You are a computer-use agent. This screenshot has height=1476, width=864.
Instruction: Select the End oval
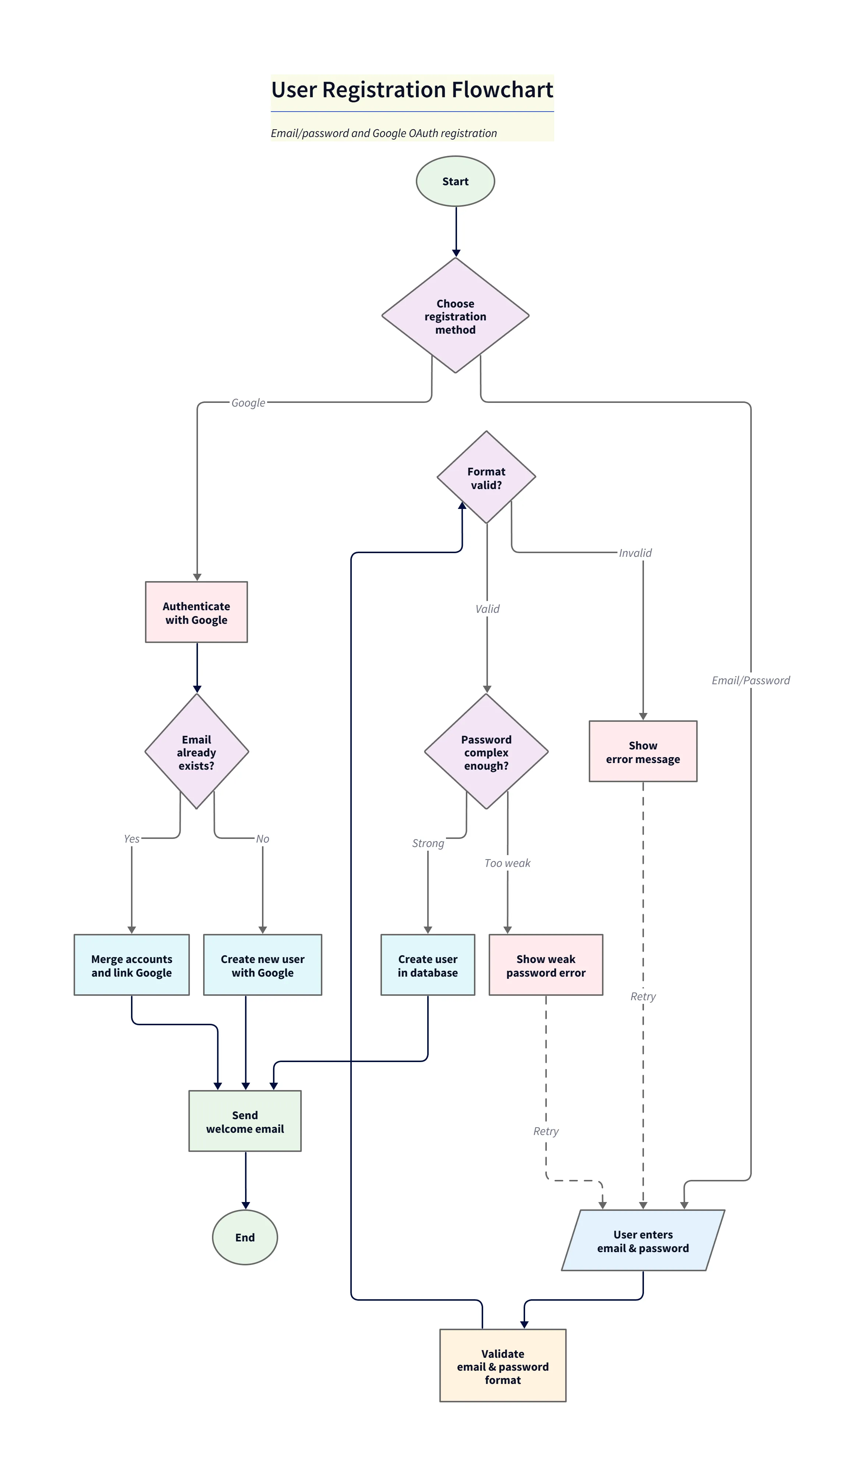pyautogui.click(x=245, y=1237)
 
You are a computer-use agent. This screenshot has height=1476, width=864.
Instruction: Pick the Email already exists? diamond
pyautogui.click(x=197, y=752)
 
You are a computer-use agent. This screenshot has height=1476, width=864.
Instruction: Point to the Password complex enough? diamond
pyautogui.click(x=486, y=752)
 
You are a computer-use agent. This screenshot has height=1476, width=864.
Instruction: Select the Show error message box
pyautogui.click(x=643, y=752)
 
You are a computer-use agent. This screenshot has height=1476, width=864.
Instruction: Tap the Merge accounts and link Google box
pyautogui.click(x=132, y=965)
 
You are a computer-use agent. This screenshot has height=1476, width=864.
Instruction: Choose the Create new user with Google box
pyautogui.click(x=262, y=965)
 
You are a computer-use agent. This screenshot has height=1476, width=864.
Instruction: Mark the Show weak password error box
pyautogui.click(x=546, y=965)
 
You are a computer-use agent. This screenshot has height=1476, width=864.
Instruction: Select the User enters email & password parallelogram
pyautogui.click(x=643, y=1241)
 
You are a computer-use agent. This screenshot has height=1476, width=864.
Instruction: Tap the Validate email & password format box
pyautogui.click(x=502, y=1366)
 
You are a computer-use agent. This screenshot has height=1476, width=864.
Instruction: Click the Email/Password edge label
pyautogui.click(x=750, y=680)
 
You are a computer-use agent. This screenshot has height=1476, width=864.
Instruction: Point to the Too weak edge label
pyautogui.click(x=507, y=863)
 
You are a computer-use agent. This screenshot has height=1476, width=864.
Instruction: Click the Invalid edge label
pyautogui.click(x=635, y=553)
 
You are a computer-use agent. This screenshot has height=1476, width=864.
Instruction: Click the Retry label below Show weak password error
pyautogui.click(x=546, y=1131)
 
